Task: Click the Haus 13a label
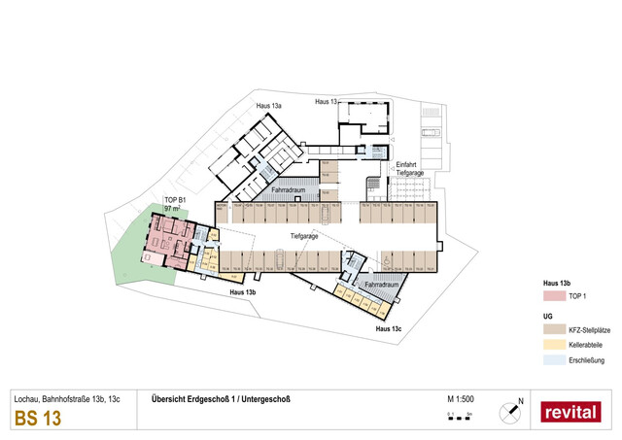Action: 269,106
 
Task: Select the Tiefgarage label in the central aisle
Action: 304,235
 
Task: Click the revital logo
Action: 570,411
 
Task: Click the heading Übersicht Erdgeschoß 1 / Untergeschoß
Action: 216,397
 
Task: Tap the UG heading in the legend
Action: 547,317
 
